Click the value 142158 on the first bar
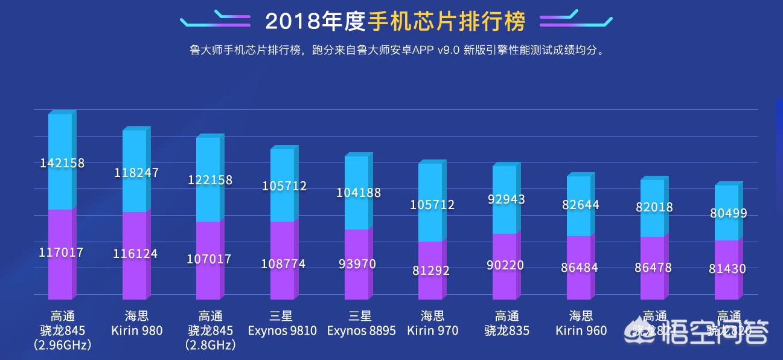pyautogui.click(x=62, y=163)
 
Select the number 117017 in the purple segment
pyautogui.click(x=61, y=252)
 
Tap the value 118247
pyautogui.click(x=136, y=173)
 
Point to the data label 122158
pyautogui.click(x=210, y=180)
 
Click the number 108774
pyautogui.click(x=284, y=264)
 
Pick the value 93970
pyautogui.click(x=357, y=264)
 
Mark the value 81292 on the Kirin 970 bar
pyautogui.click(x=431, y=271)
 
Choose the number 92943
pyautogui.click(x=505, y=199)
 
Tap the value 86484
pyautogui.click(x=580, y=267)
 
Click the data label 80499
pyautogui.click(x=727, y=213)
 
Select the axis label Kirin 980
pyautogui.click(x=136, y=330)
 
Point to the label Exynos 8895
pyautogui.click(x=361, y=330)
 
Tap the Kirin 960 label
pyautogui.click(x=581, y=330)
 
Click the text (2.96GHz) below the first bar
pyautogui.click(x=62, y=346)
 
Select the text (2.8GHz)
pyautogui.click(x=210, y=346)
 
